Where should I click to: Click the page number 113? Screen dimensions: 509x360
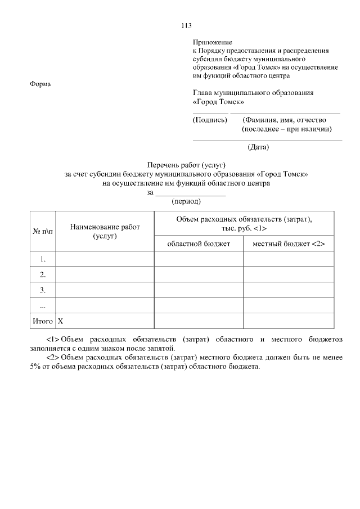click(x=187, y=25)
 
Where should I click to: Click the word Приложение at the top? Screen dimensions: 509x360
click(x=213, y=42)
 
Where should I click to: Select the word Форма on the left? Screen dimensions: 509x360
click(x=39, y=84)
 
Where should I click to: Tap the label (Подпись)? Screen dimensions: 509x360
click(x=210, y=120)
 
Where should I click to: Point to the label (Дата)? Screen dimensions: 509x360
click(x=258, y=147)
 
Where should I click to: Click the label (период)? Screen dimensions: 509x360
click(x=186, y=201)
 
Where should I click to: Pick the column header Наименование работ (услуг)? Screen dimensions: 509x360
click(x=105, y=231)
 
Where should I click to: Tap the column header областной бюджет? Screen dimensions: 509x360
click(x=199, y=244)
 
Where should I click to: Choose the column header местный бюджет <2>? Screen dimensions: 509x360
click(x=289, y=244)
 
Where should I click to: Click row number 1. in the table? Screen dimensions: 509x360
click(x=43, y=259)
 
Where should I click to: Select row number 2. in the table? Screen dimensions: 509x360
click(x=43, y=274)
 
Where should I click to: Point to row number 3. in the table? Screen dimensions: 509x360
click(x=43, y=290)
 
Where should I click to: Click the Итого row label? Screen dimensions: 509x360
click(x=41, y=321)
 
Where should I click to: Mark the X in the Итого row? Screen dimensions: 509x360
click(x=61, y=321)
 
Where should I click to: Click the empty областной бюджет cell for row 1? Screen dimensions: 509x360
click(x=199, y=259)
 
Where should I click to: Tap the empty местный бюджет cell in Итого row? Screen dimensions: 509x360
click(x=289, y=321)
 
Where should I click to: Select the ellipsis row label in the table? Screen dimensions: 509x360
click(x=43, y=305)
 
